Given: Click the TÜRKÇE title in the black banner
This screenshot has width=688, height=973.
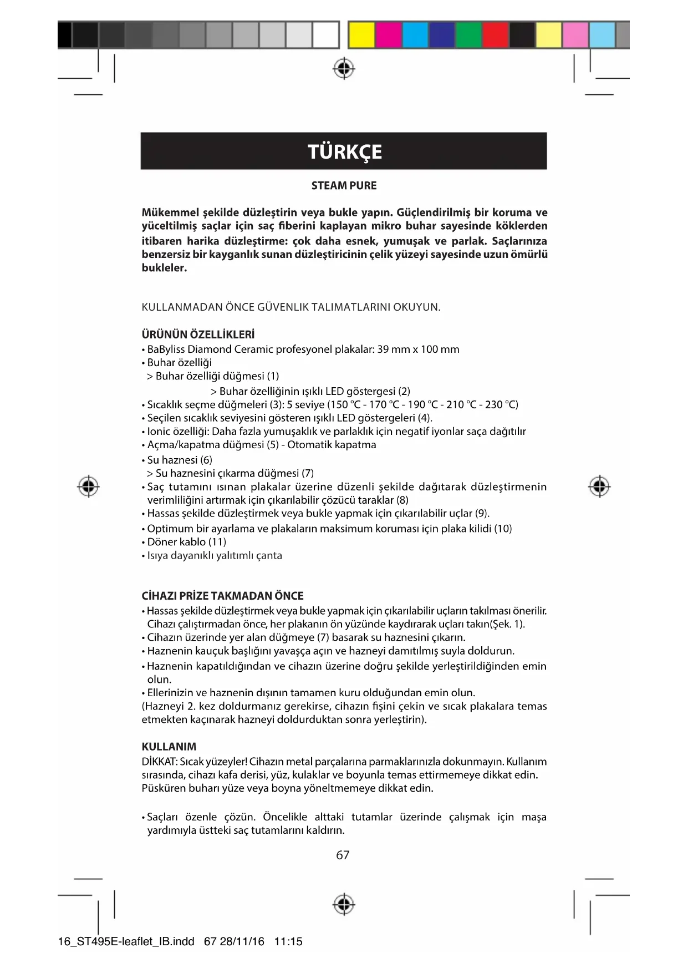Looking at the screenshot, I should [344, 151].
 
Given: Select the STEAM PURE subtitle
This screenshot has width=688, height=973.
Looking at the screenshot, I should [344, 186].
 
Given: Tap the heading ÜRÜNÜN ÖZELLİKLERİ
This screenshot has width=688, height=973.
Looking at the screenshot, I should [198, 335].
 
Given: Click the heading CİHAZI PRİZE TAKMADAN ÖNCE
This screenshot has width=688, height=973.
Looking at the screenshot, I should [222, 596].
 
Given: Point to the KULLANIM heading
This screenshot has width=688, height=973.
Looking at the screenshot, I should [169, 747].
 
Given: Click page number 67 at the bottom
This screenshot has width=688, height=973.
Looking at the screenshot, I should [343, 855].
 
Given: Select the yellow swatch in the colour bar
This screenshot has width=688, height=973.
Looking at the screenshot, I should [361, 34].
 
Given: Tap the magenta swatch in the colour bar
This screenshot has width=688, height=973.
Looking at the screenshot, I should [388, 34].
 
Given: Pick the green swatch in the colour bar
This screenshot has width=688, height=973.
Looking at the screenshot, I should [468, 34].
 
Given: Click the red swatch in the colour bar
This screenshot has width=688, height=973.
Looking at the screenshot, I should [495, 34].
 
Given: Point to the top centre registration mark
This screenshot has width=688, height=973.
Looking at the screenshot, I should [344, 69].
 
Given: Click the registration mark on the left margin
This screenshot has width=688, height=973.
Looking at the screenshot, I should [88, 486].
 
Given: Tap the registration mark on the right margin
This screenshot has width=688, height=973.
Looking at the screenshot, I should [599, 486].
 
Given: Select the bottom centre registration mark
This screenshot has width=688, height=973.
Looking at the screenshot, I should [344, 904].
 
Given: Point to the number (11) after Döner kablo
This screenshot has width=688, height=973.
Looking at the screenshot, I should [217, 542].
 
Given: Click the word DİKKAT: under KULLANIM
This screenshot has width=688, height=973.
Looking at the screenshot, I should [159, 762].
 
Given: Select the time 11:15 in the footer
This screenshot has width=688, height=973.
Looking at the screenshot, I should [288, 941].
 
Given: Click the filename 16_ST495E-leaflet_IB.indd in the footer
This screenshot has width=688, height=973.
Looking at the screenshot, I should [126, 941].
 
